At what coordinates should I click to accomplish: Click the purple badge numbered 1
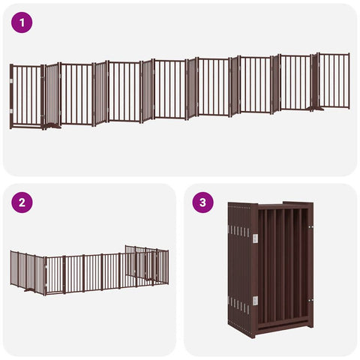[x=22, y=22]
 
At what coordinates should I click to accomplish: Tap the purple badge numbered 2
[x=22, y=202]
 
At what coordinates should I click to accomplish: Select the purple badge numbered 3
[x=202, y=202]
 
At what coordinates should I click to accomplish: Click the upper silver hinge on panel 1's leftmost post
[x=11, y=81]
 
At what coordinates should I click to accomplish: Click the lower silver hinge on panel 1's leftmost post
[x=11, y=111]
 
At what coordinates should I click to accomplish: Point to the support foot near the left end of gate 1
[x=52, y=126]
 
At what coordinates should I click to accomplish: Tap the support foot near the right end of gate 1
[x=316, y=109]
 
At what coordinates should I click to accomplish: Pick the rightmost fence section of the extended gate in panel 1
[x=334, y=80]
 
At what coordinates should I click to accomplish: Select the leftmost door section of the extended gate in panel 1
[x=26, y=97]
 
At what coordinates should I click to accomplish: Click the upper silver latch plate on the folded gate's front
[x=255, y=238]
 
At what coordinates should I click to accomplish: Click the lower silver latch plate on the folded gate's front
[x=255, y=301]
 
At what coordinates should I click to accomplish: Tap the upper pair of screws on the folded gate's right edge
[x=310, y=227]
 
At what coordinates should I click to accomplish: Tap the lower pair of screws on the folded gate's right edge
[x=310, y=300]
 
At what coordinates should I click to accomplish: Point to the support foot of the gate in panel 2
[x=29, y=290]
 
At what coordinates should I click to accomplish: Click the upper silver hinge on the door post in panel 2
[x=46, y=268]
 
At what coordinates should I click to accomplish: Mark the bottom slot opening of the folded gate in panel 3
[x=283, y=323]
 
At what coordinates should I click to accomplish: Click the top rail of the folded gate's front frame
[x=282, y=206]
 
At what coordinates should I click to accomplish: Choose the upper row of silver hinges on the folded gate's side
[x=238, y=231]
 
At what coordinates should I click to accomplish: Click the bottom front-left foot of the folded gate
[x=253, y=334]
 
